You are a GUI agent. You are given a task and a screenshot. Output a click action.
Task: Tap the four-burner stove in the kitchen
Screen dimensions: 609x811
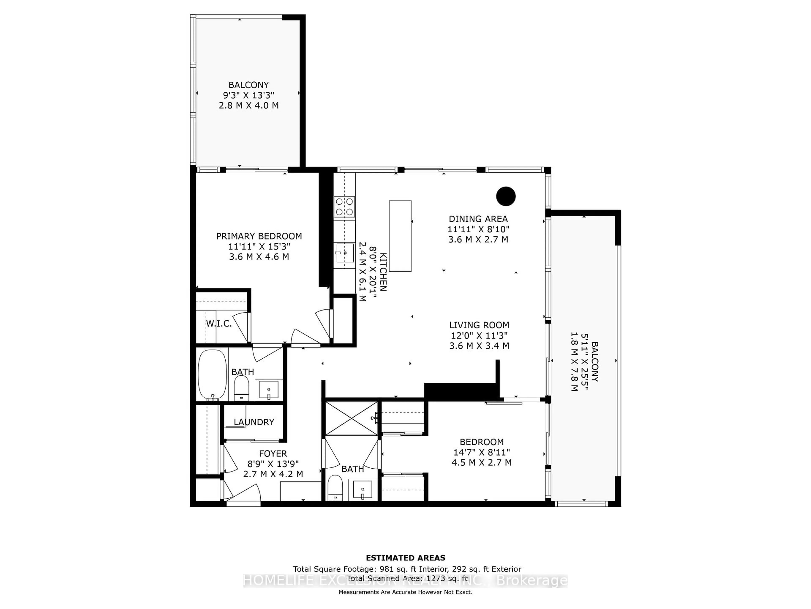[x=344, y=207]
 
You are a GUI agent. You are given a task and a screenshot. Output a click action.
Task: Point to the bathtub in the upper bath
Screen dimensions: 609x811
[x=212, y=375]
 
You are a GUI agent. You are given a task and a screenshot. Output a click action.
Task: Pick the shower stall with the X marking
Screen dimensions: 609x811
[x=351, y=418]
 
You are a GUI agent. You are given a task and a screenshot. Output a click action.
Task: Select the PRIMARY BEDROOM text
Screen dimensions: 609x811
[x=259, y=236]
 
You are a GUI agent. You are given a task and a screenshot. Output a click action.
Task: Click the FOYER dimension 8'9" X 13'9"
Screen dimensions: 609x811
[x=273, y=464]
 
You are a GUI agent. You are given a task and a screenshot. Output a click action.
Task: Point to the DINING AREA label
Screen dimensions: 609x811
[x=478, y=219]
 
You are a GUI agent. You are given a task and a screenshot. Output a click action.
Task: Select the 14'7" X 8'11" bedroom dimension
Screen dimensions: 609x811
[x=481, y=452]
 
